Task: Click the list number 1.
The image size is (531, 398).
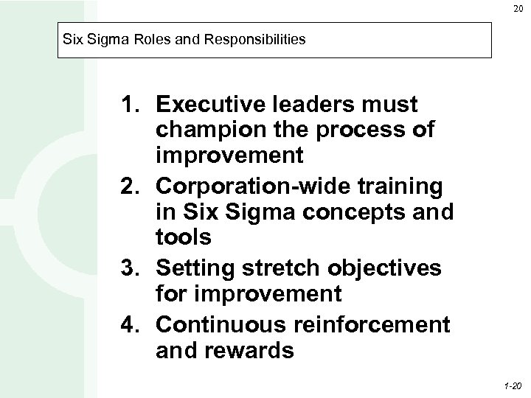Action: [x=130, y=103]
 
